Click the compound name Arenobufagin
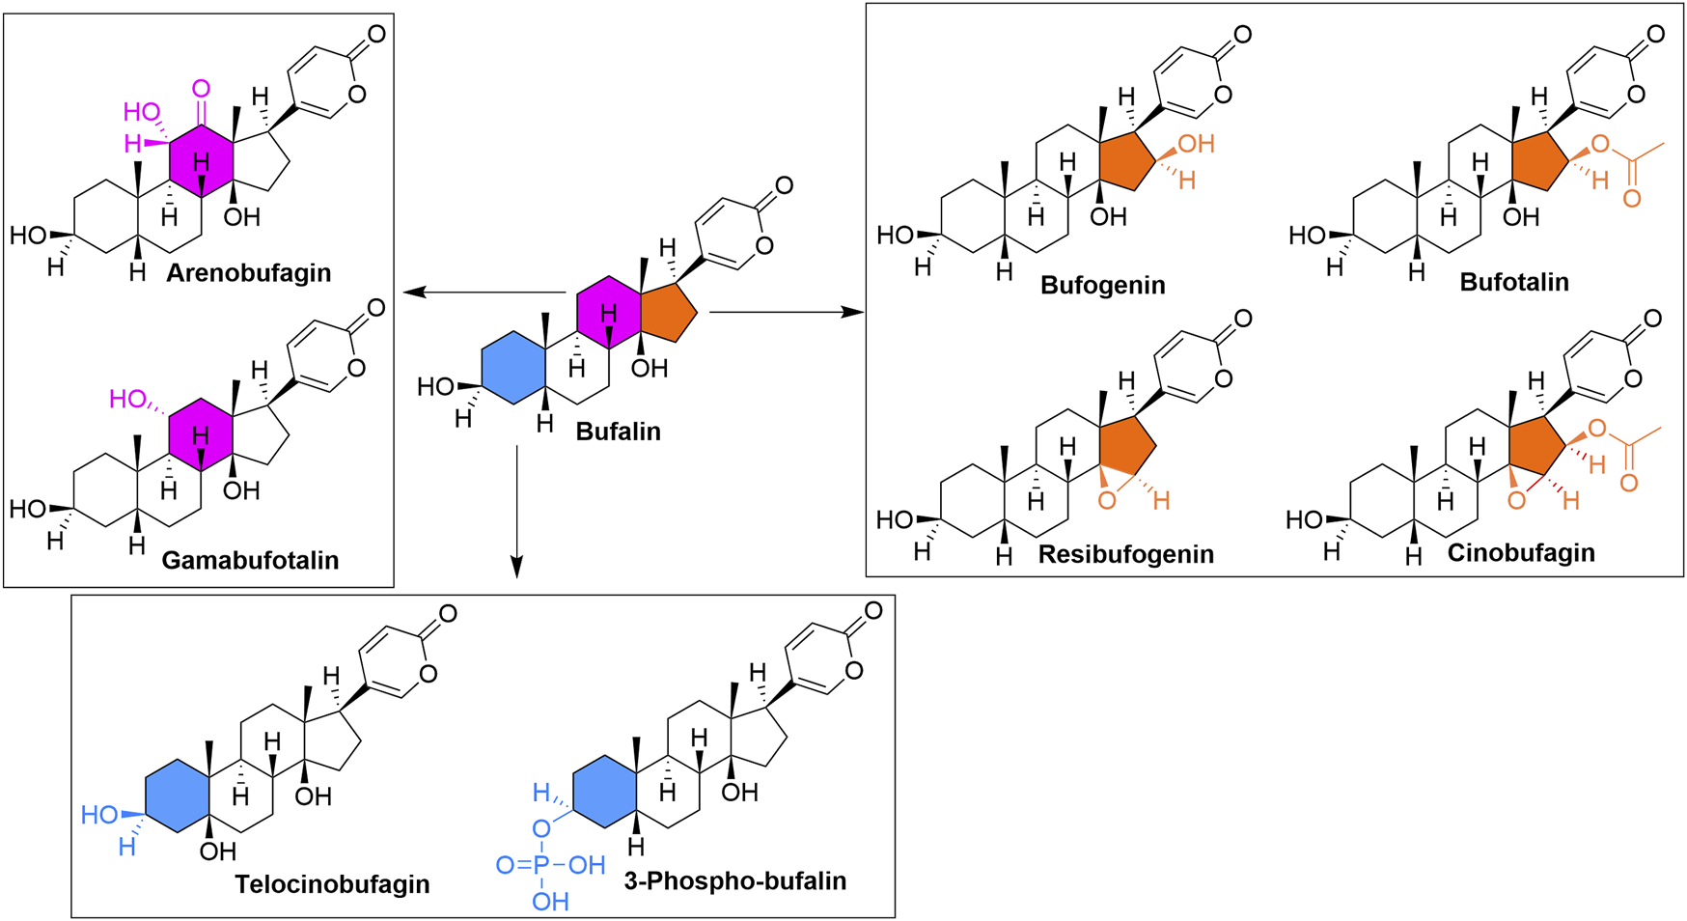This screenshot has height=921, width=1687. tap(248, 273)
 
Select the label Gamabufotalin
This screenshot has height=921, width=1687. tap(250, 560)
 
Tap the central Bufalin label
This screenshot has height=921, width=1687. tap(618, 432)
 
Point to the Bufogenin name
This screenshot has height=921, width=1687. tap(1102, 286)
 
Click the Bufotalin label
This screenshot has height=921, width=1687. tap(1513, 283)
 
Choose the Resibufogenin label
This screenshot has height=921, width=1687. tap(1125, 554)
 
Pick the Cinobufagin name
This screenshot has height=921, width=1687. tap(1520, 553)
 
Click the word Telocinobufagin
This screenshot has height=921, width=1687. tap(332, 884)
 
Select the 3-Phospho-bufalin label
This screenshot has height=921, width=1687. tap(734, 881)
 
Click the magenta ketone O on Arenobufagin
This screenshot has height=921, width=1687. tap(201, 90)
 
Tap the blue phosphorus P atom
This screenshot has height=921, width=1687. tap(540, 866)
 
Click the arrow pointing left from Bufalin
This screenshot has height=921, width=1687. tap(483, 293)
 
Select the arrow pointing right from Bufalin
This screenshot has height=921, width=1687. tap(786, 312)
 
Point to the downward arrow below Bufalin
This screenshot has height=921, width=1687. tap(516, 512)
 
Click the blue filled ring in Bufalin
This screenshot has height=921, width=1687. tap(513, 368)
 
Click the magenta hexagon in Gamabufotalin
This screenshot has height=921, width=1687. tap(201, 433)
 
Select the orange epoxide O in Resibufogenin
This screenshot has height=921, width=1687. tap(1107, 500)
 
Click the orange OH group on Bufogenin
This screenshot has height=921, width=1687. tap(1195, 145)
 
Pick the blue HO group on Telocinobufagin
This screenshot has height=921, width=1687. tap(100, 816)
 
